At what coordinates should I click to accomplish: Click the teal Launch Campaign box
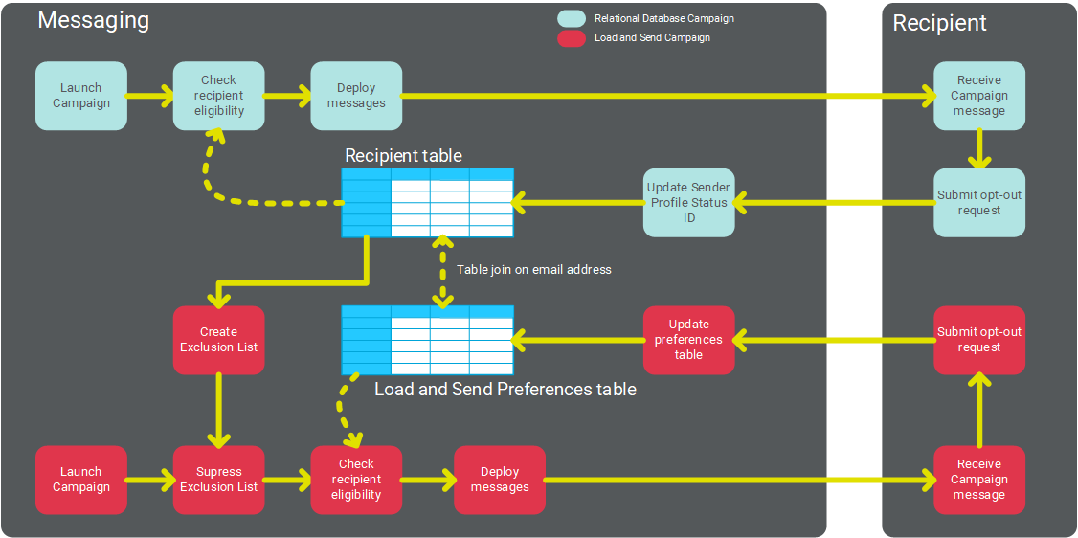(81, 96)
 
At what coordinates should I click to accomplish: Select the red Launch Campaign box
(81, 480)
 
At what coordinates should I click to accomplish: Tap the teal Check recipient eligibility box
(218, 96)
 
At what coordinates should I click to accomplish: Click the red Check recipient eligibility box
(356, 480)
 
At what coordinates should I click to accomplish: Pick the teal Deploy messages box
(356, 96)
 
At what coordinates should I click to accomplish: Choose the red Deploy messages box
(500, 480)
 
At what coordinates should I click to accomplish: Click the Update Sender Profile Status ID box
(688, 203)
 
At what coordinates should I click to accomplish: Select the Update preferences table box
(688, 340)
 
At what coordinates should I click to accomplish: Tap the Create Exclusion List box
(218, 340)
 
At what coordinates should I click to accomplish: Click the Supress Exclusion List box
(218, 480)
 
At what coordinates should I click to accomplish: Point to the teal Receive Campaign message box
(978, 96)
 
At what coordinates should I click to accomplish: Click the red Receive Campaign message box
(978, 480)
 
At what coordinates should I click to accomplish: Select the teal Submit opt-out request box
(978, 203)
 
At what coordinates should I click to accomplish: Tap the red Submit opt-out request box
(978, 340)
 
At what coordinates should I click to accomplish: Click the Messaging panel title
(93, 20)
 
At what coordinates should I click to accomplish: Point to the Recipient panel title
(939, 23)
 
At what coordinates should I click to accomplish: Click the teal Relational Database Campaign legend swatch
(572, 18)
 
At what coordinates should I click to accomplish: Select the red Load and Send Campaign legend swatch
(572, 38)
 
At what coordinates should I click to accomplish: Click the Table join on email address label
(533, 270)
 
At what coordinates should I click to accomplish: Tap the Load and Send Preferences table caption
(505, 390)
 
